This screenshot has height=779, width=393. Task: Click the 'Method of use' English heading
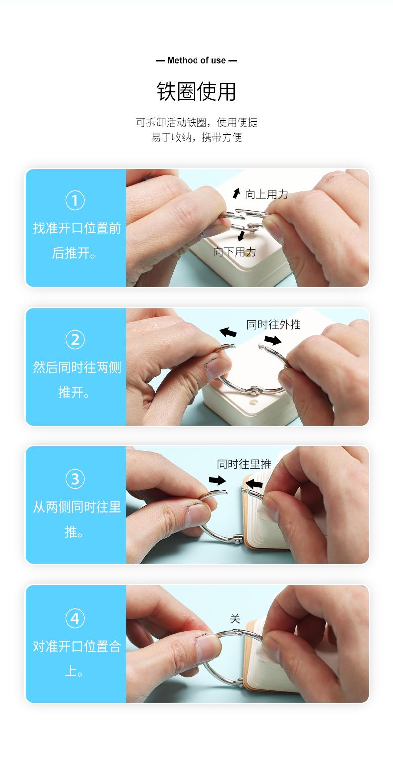coord(196,60)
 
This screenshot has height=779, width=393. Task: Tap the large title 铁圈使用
coord(196,91)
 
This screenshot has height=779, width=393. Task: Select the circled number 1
coord(75,200)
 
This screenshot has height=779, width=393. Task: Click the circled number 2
coord(75,340)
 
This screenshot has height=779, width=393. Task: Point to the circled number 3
coord(75,479)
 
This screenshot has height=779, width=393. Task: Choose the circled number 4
coord(75,618)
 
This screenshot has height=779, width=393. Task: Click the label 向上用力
coord(267,194)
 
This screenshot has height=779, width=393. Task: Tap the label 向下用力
coord(234,252)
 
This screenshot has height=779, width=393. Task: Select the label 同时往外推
coord(274,325)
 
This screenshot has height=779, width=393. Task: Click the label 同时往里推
coord(244,464)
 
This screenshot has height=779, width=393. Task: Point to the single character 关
coord(235,619)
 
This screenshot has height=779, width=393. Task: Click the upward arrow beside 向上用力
coord(237,193)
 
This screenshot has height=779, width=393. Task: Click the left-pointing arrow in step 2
coord(228,332)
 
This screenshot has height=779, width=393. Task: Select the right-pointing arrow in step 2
coord(273,340)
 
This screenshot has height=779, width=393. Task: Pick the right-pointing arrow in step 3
coord(217,481)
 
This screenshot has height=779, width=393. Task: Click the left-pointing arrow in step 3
coord(254,483)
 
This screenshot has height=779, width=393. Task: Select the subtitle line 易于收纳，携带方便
coord(196,138)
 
